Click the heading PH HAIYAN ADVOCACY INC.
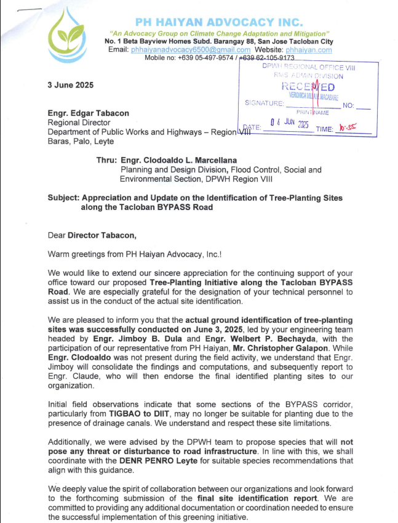point(220,22)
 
